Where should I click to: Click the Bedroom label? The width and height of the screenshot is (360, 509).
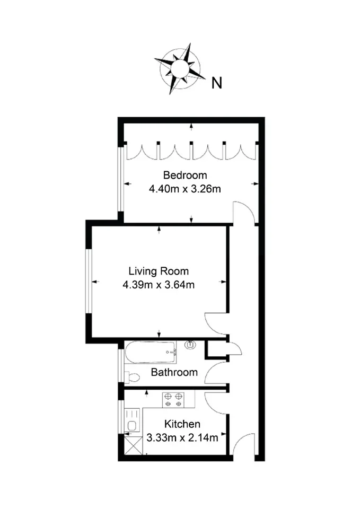click(x=185, y=175)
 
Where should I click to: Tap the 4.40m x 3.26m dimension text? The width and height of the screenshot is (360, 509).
click(x=185, y=189)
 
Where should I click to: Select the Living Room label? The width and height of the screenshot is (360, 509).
click(x=159, y=271)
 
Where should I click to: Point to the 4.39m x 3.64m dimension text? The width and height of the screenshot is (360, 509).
click(x=159, y=285)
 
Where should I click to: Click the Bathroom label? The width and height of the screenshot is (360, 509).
click(x=174, y=372)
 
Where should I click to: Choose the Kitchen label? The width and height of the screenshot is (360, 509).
click(x=182, y=424)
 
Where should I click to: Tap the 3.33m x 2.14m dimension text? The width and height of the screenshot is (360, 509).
click(x=182, y=437)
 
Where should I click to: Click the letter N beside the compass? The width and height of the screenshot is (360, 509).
click(x=217, y=83)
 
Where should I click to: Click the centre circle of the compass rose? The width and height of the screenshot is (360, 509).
click(x=179, y=68)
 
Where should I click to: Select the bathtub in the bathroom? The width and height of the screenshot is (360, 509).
click(x=151, y=352)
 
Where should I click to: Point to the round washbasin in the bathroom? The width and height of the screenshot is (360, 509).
click(x=190, y=345)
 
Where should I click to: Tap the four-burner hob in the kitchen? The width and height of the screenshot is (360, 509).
click(x=173, y=400)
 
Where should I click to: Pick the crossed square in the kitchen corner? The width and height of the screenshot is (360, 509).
click(x=134, y=445)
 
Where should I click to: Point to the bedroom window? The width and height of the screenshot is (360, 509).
click(x=121, y=180)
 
